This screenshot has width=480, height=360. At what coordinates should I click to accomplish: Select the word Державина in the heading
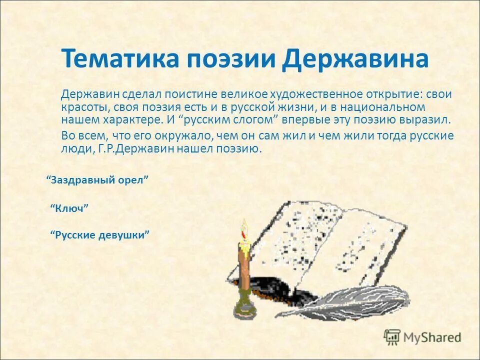click(355, 59)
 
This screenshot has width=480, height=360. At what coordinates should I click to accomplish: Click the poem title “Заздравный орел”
click(98, 179)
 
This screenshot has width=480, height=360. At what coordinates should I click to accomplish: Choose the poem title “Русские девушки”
click(100, 234)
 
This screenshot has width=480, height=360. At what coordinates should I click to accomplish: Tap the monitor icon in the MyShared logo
click(392, 336)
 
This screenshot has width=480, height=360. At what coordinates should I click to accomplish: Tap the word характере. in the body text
click(134, 120)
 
